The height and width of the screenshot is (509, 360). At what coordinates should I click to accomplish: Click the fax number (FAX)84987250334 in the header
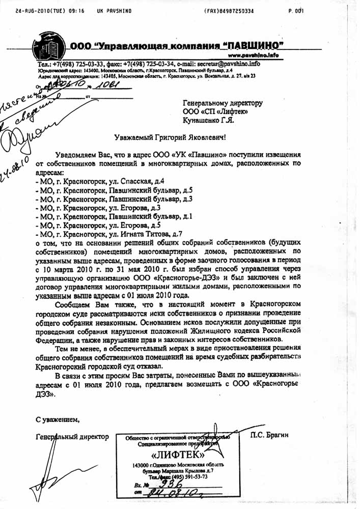(x=229, y=10)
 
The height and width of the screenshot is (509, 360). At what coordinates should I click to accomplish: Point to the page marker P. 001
(x=295, y=10)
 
